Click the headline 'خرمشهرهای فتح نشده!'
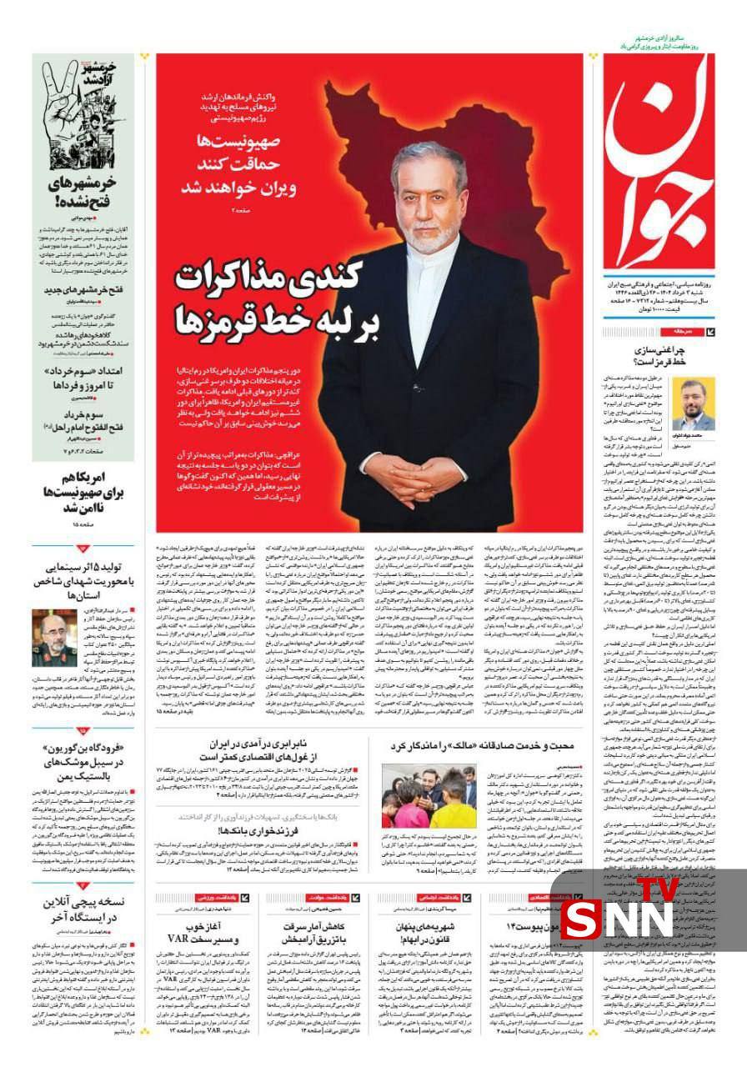(83, 193)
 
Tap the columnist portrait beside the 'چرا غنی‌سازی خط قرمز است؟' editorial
(694, 403)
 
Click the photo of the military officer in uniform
(55, 637)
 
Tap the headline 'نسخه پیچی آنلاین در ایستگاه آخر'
(83, 909)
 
